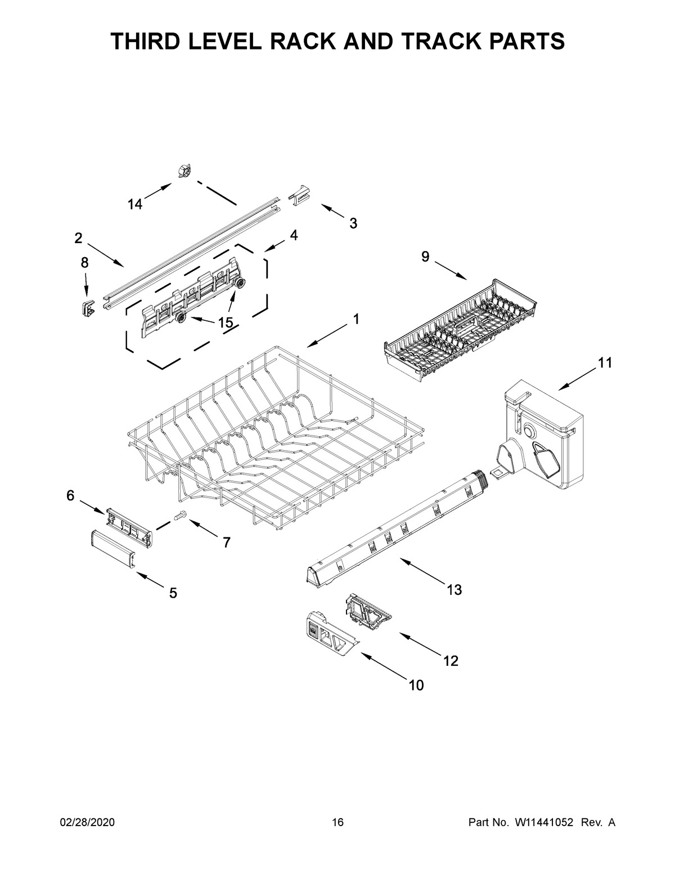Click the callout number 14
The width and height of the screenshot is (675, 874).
click(x=134, y=205)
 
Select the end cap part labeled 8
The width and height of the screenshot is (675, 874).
click(x=85, y=307)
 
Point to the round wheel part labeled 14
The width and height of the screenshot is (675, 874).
click(x=183, y=170)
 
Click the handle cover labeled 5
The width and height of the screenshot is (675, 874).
click(x=112, y=546)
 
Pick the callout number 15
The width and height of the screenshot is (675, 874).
click(x=225, y=323)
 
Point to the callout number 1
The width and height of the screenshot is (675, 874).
click(x=355, y=320)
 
